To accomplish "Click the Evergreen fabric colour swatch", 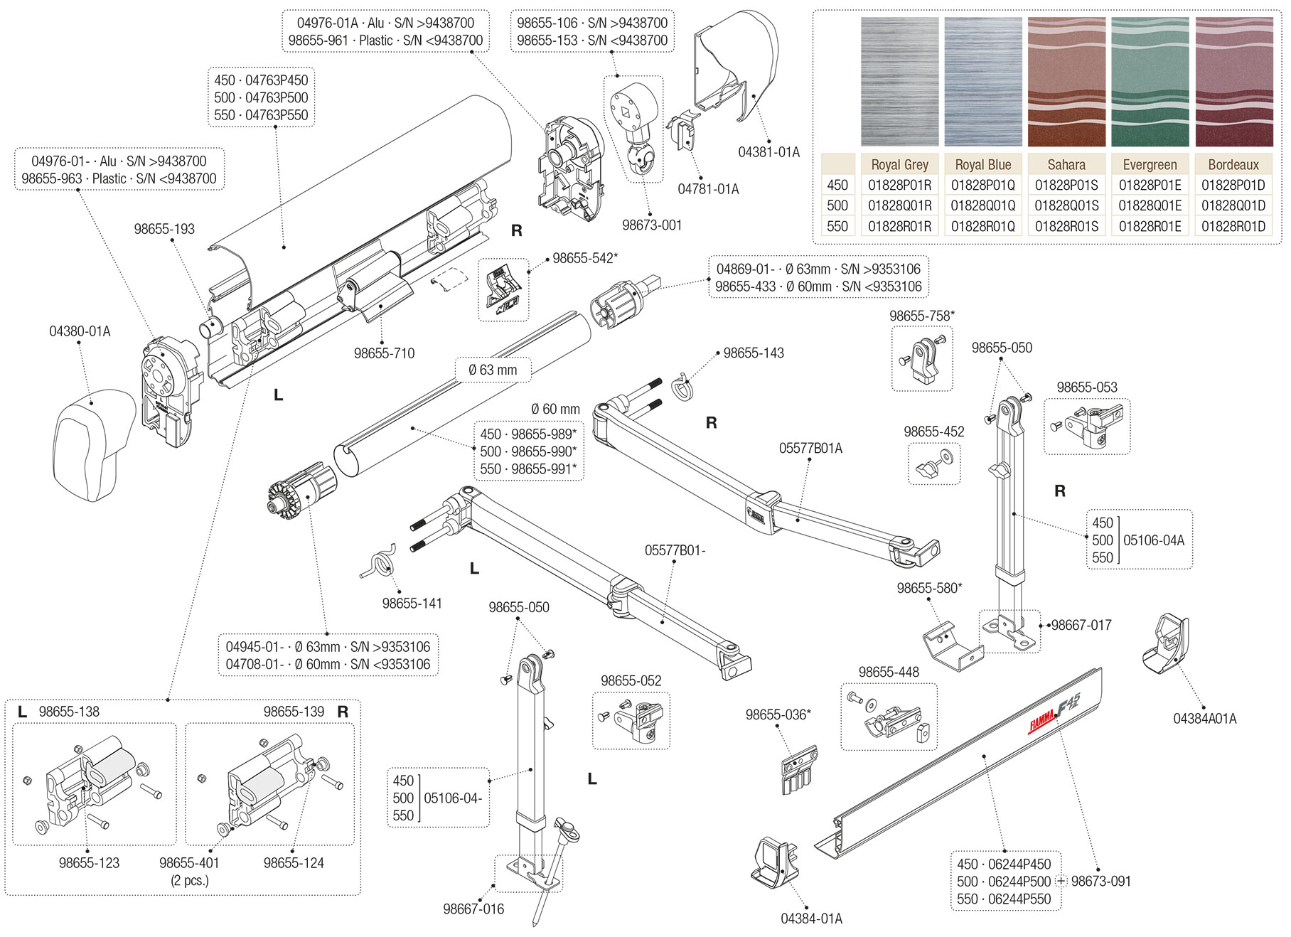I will [x=1150, y=82].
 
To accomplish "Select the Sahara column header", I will [x=1066, y=165].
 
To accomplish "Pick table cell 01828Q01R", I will [x=899, y=206].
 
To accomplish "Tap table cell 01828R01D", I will [x=1233, y=227].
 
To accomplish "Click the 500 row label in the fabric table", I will [x=837, y=206].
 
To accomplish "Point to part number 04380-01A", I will [x=80, y=331].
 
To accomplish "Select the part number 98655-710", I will [x=384, y=353].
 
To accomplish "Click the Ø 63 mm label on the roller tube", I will [x=493, y=370].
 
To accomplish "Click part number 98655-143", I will [x=754, y=353].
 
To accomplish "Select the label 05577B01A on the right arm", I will [x=810, y=449].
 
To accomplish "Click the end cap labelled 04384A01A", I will [x=1164, y=643].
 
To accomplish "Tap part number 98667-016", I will [x=473, y=909].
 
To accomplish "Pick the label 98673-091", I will [x=1100, y=882].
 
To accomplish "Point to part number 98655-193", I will [x=164, y=229].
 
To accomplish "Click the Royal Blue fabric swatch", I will [x=983, y=82].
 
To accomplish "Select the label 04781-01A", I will [x=708, y=189].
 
